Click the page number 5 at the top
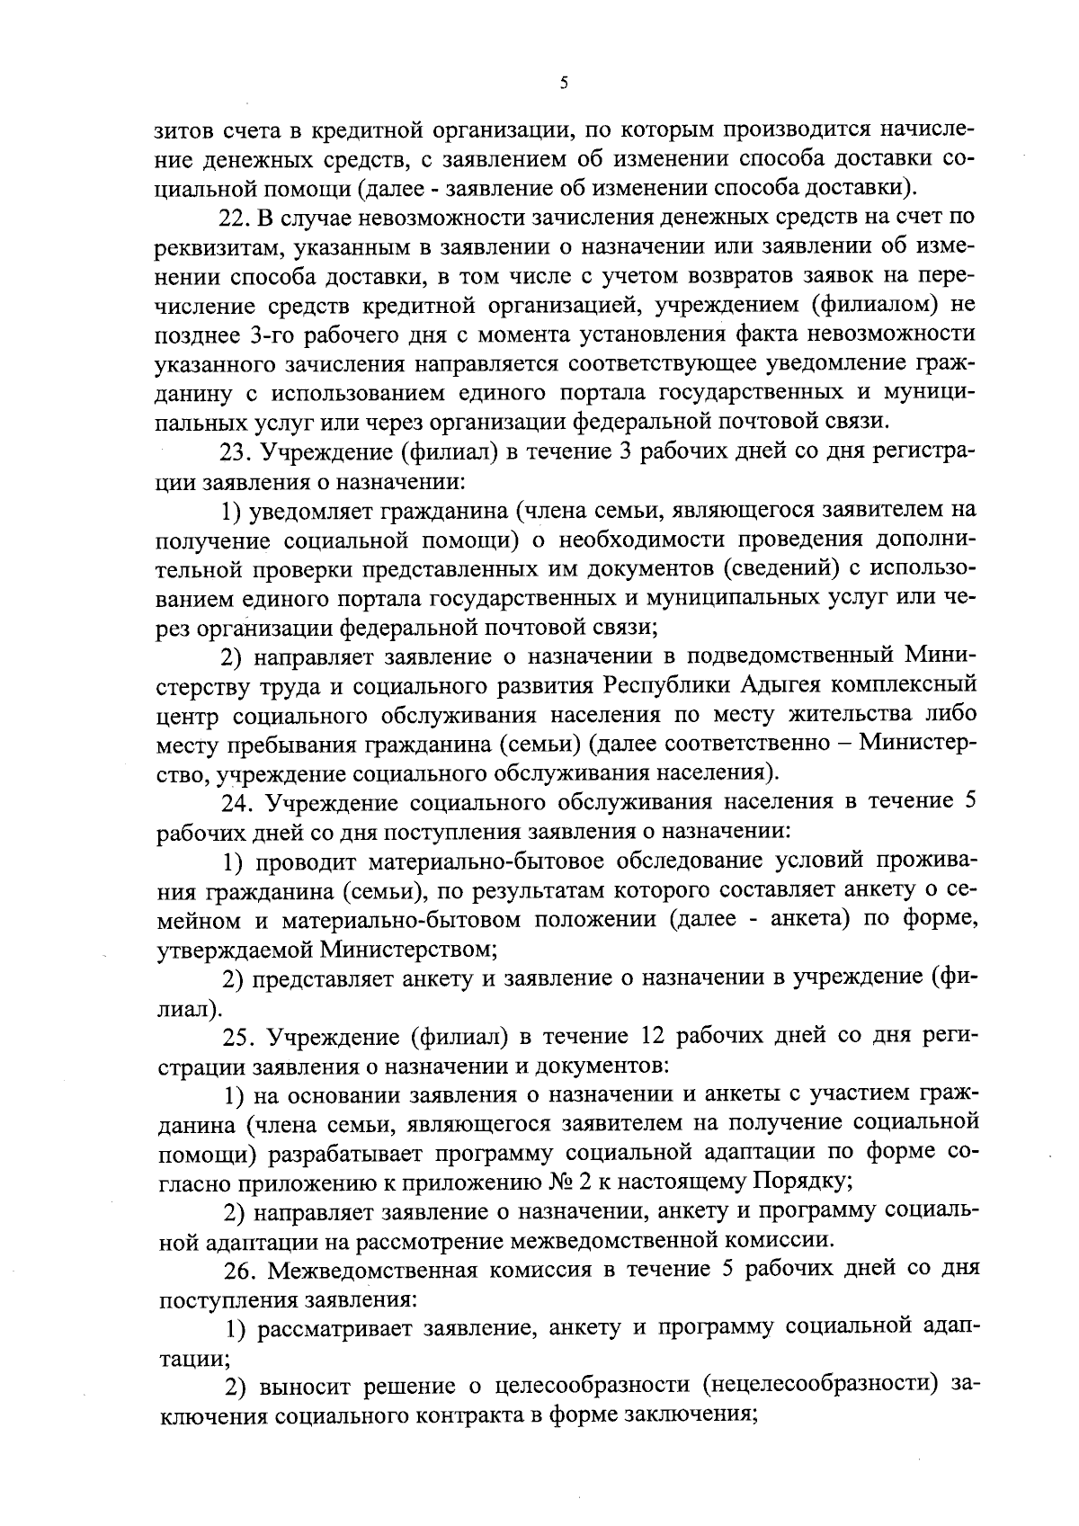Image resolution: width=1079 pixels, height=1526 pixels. click(x=564, y=84)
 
